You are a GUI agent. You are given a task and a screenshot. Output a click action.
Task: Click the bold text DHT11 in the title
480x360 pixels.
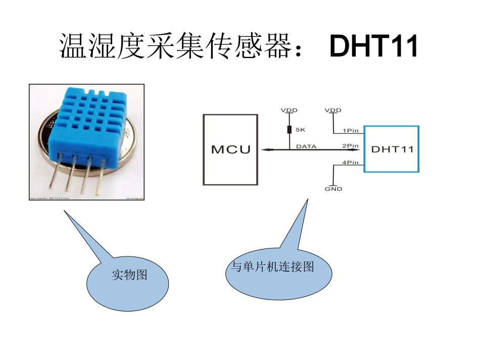click(x=373, y=46)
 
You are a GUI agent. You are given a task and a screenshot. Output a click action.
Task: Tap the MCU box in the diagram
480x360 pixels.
click(x=230, y=149)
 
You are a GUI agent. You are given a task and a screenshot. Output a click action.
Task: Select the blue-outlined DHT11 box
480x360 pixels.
click(x=392, y=149)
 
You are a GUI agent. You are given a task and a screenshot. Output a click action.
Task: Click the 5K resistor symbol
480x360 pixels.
click(x=290, y=130)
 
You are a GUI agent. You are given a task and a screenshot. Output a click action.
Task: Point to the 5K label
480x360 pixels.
click(x=300, y=130)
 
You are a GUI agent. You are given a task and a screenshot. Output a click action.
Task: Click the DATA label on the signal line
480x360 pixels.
click(x=306, y=146)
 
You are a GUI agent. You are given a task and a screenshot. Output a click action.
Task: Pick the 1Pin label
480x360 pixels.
click(x=351, y=130)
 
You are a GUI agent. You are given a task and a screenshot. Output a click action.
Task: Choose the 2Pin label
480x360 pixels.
click(x=351, y=146)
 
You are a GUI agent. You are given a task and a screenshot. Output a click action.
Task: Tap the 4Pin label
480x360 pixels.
click(x=351, y=163)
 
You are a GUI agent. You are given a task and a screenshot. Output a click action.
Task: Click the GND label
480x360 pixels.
click(x=333, y=189)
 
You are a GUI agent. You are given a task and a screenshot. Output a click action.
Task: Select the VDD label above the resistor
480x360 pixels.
click(x=290, y=110)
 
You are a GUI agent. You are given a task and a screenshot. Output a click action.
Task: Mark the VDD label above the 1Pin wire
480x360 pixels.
click(x=333, y=110)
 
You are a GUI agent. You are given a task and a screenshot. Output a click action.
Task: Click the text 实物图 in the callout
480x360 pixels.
click(x=129, y=275)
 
